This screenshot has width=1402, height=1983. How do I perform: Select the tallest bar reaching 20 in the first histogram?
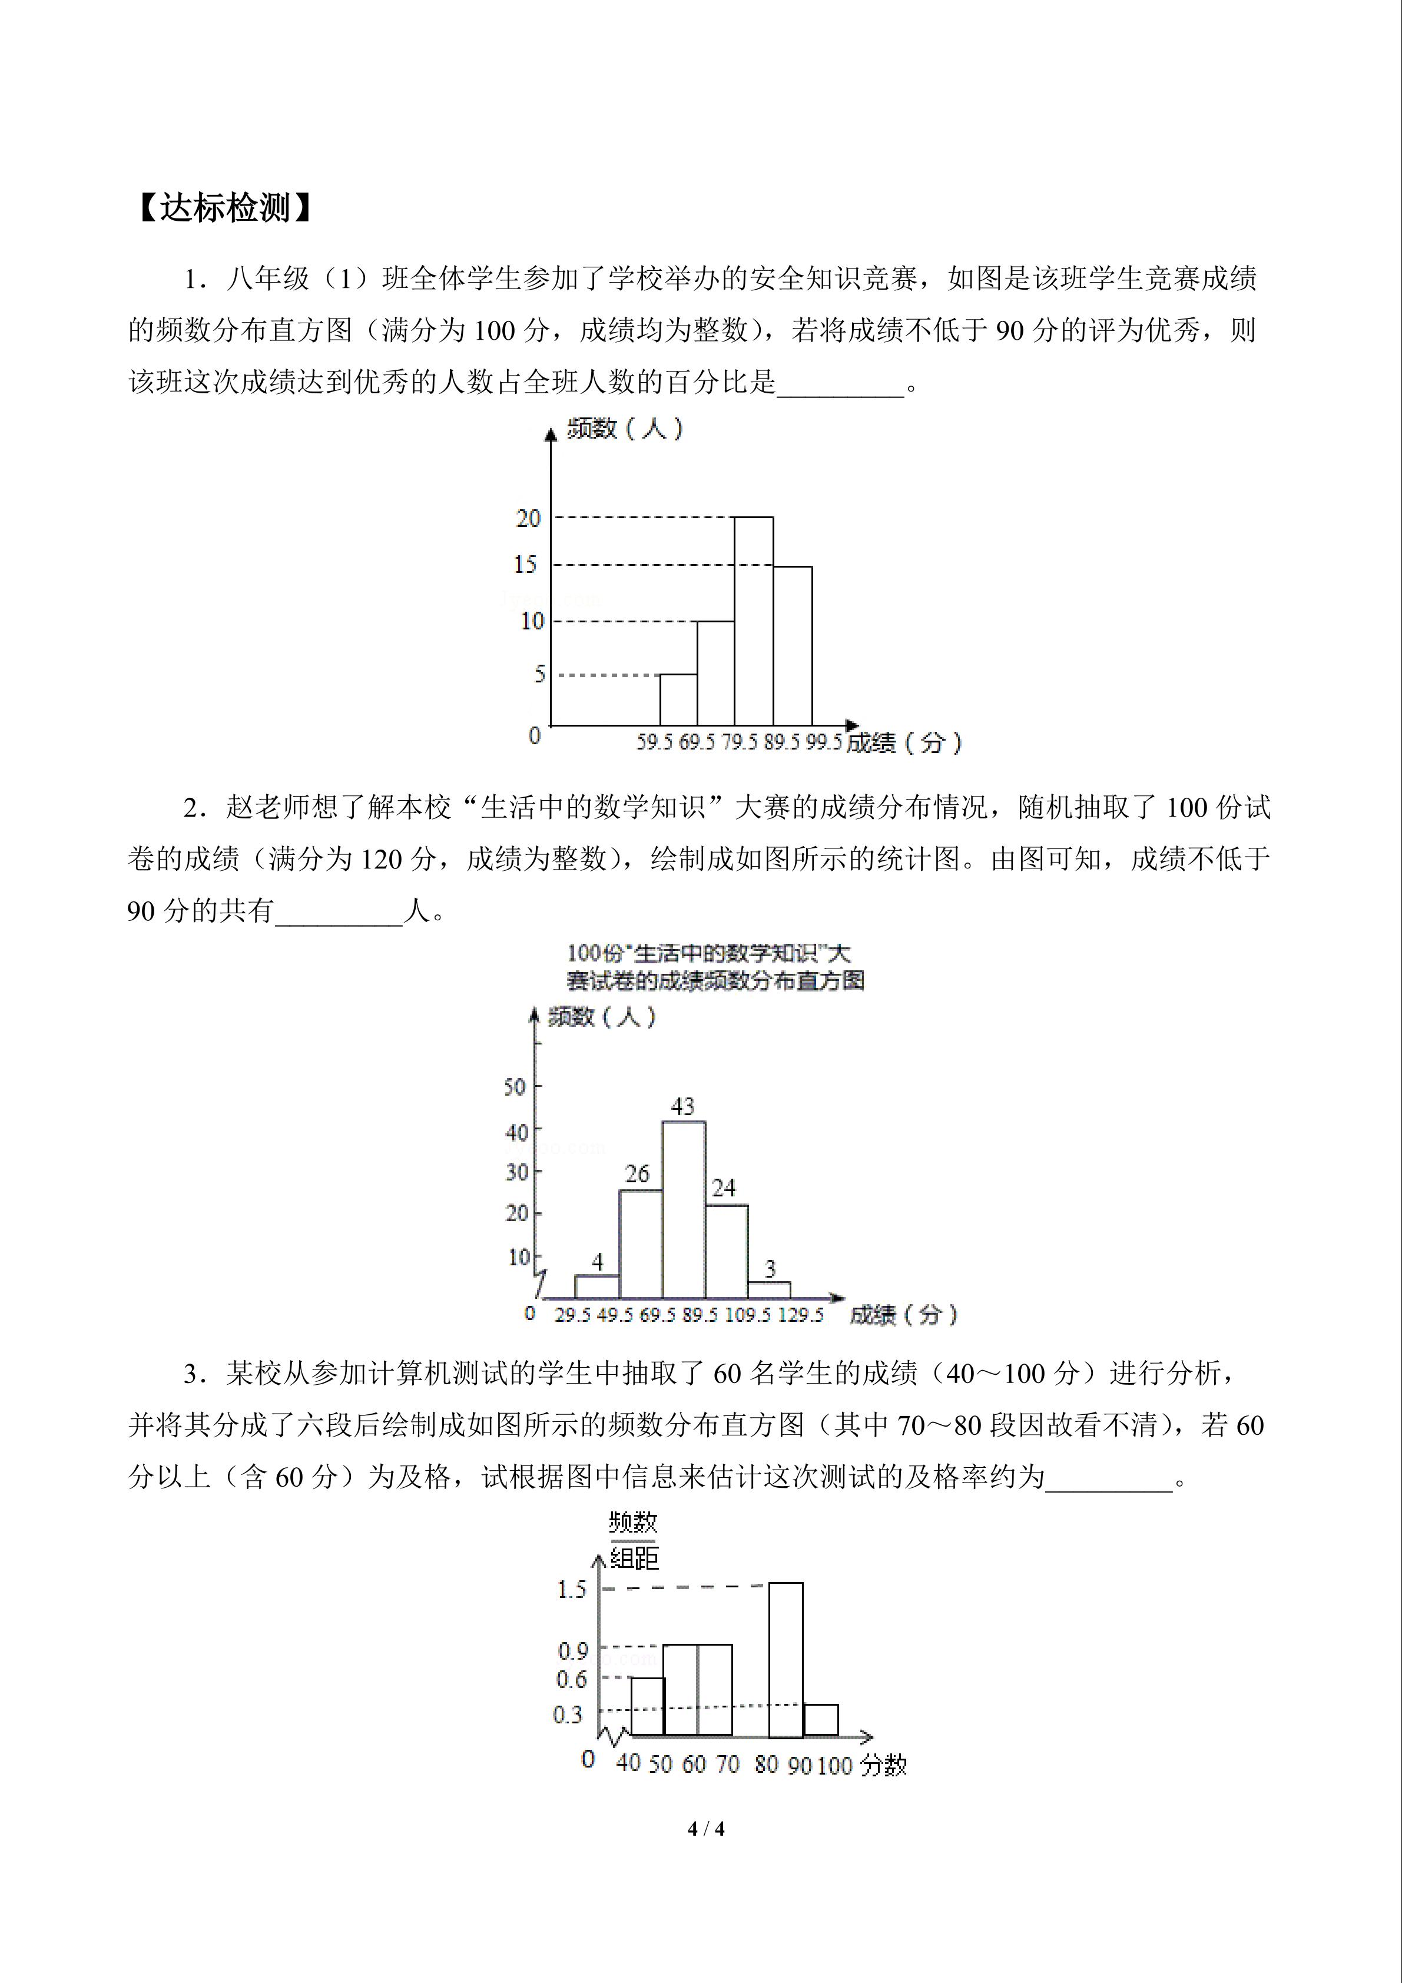pos(753,622)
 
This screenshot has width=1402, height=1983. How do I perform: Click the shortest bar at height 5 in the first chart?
pos(678,699)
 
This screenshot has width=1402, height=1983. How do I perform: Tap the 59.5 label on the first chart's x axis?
pos(654,742)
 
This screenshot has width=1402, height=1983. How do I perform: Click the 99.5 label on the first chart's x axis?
pos(823,742)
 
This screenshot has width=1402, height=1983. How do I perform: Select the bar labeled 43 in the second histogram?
pos(683,1209)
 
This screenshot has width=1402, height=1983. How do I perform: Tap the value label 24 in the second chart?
pos(723,1188)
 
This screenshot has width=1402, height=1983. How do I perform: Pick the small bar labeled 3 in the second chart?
pos(769,1289)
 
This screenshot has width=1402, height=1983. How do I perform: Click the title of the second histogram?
pos(714,966)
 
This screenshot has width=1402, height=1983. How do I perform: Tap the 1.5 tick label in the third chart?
pos(571,1589)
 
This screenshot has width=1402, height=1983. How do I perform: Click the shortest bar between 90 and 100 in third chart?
pos(821,1720)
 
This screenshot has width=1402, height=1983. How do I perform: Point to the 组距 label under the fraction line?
pos(634,1558)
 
